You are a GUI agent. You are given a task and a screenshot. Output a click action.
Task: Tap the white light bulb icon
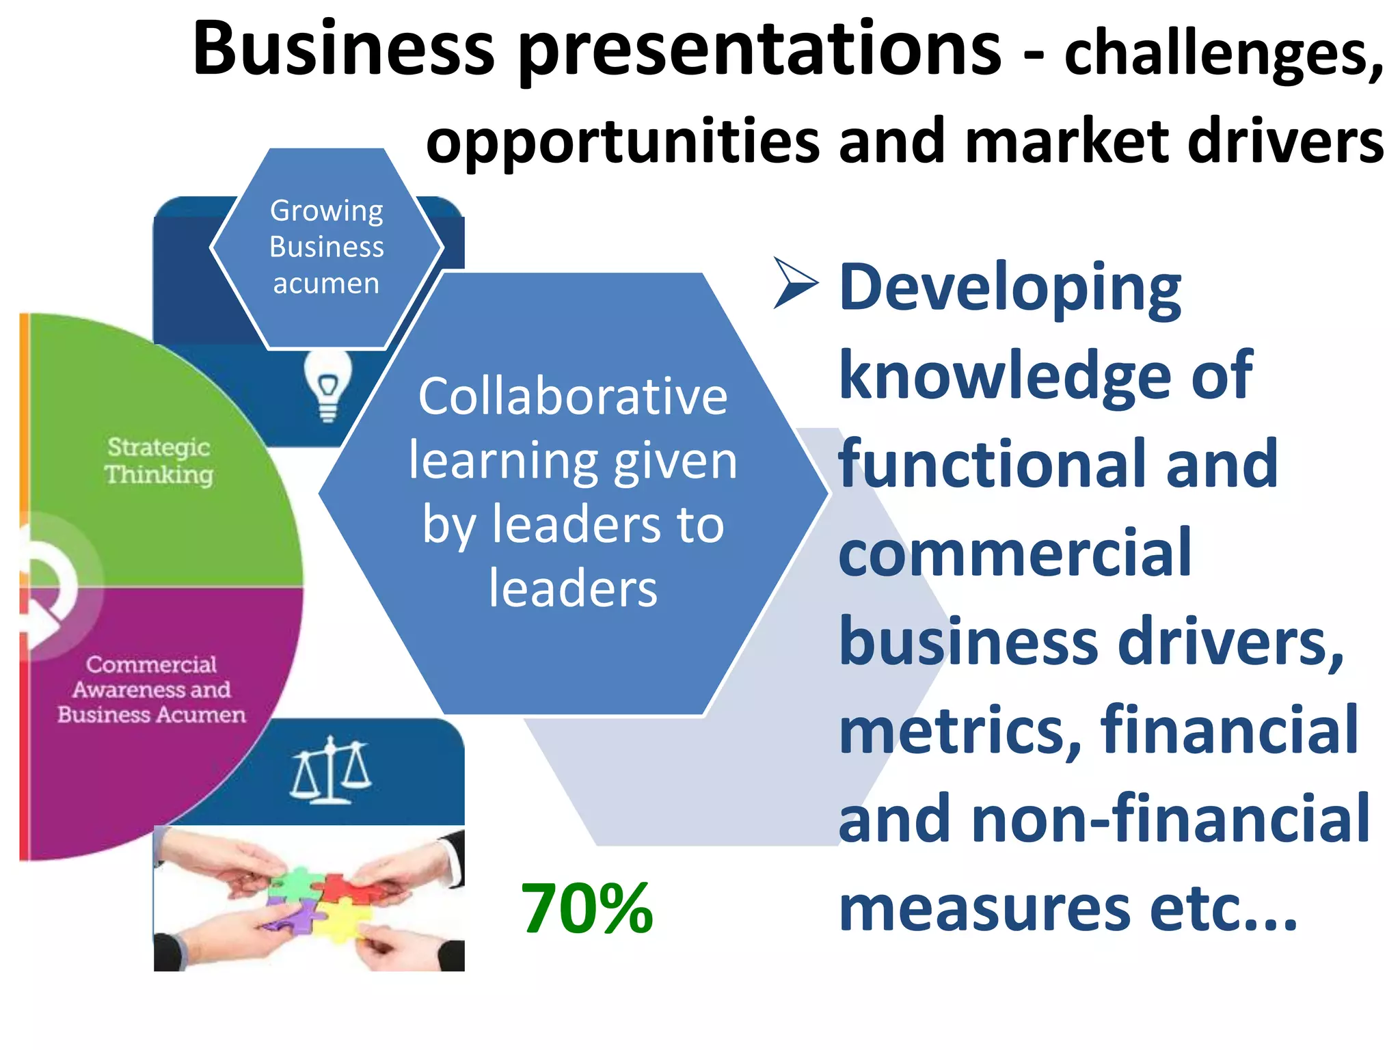pyautogui.click(x=328, y=386)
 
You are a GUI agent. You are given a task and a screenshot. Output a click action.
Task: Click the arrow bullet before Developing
pyautogui.click(x=795, y=282)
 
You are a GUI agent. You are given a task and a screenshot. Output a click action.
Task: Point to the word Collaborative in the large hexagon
pyautogui.click(x=573, y=396)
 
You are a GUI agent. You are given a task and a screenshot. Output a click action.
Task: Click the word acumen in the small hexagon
pyautogui.click(x=326, y=283)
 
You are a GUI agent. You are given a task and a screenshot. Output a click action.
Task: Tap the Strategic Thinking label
pyautogui.click(x=159, y=461)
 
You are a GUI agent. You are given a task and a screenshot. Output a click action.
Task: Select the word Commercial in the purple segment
pyautogui.click(x=151, y=664)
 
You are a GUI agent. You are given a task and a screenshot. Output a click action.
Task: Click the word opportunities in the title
pyautogui.click(x=622, y=142)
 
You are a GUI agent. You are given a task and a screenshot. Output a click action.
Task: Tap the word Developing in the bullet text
pyautogui.click(x=1010, y=288)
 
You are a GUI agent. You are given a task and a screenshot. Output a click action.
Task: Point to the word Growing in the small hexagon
pyautogui.click(x=327, y=211)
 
